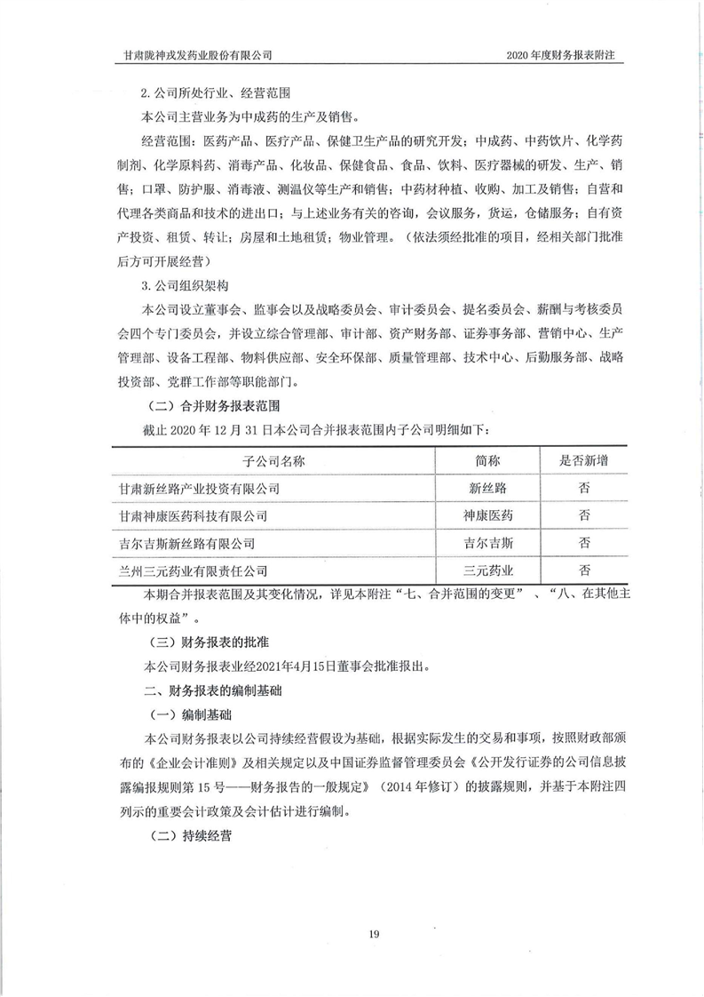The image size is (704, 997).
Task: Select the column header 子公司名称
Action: click(x=273, y=461)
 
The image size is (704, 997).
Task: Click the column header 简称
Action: click(x=487, y=461)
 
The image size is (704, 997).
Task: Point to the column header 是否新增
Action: click(x=583, y=461)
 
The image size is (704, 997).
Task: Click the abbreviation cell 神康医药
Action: click(x=487, y=514)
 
